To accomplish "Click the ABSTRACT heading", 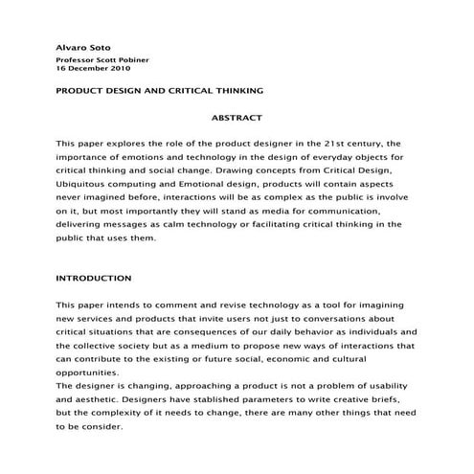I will coord(237,120).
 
